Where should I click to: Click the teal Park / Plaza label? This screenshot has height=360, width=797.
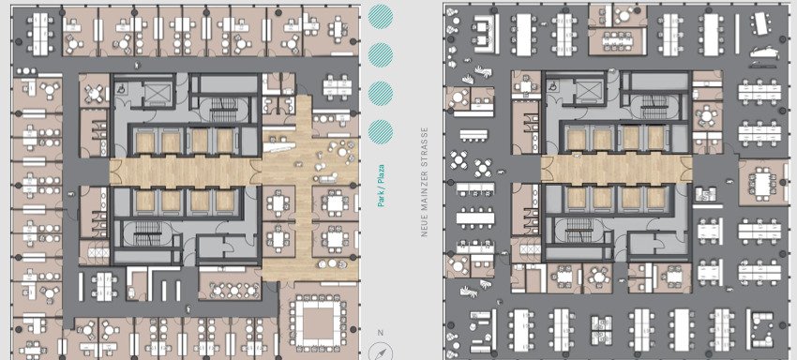click(x=381, y=185)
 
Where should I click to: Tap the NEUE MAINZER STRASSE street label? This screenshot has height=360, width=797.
click(x=425, y=182)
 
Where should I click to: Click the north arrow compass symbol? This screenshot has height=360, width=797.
click(x=380, y=352)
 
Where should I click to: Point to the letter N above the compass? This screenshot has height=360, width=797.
click(x=380, y=333)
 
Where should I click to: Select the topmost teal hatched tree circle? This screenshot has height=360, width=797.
click(x=381, y=16)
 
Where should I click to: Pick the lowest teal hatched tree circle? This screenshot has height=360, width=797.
click(x=381, y=131)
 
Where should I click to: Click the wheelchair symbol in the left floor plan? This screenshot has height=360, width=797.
click(x=125, y=88)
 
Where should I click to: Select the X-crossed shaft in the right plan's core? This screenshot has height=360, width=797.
click(x=588, y=92)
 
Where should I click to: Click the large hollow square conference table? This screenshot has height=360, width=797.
click(x=318, y=322)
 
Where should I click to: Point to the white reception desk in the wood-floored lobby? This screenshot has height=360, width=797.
click(x=278, y=146)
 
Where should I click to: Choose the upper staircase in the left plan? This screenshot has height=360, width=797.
click(x=221, y=110)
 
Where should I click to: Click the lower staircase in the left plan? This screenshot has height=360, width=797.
click(x=148, y=232)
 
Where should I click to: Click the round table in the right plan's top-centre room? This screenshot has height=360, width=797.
click(x=624, y=15)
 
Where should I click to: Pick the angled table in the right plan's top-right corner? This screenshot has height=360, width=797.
click(x=762, y=22)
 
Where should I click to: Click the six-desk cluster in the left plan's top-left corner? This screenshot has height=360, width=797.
click(x=40, y=34)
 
